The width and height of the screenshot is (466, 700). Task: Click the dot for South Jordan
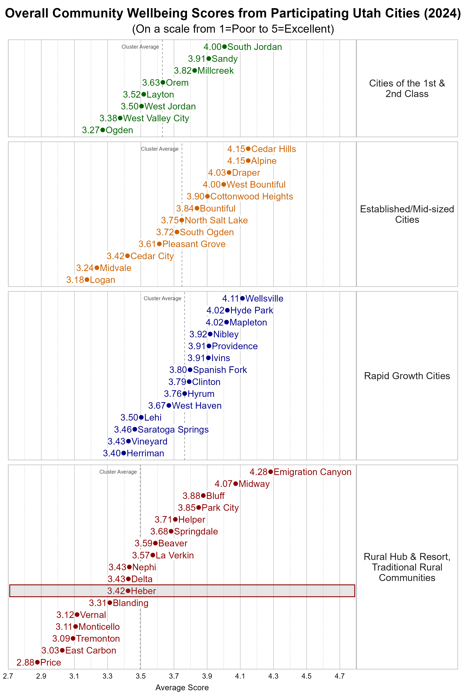pos(224,47)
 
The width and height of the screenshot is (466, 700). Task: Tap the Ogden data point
pos(103,130)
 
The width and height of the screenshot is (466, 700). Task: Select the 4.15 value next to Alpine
pos(236,161)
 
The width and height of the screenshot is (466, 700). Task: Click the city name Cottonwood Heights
pos(251,196)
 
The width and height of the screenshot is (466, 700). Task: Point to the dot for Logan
pos(87,280)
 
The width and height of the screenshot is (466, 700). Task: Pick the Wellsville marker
pos(243,298)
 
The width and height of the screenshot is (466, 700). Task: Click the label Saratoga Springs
pos(173,430)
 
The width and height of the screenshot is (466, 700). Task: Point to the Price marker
pos(37,662)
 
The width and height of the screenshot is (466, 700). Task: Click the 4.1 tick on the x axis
pos(240,676)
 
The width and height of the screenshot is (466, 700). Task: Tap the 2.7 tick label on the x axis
pos(8,676)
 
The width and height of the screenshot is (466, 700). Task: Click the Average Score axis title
pos(182,688)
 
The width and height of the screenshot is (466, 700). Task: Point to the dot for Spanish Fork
pos(190,370)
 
